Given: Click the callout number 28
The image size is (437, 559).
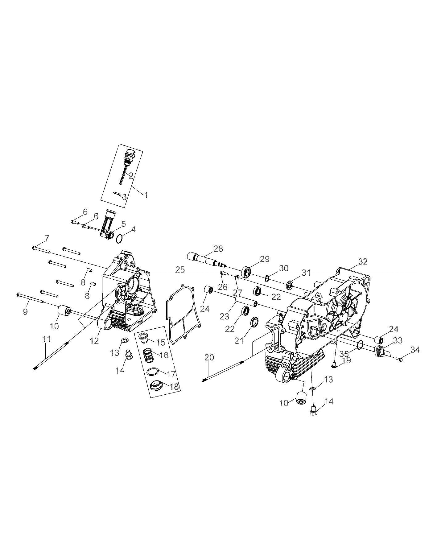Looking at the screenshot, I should (218, 249).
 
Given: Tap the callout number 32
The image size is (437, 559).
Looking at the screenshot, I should (363, 261).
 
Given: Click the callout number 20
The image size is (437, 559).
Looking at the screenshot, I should (209, 357).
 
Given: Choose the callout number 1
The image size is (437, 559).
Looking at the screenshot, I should (146, 195).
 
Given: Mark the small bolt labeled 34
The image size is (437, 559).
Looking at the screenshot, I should (401, 360).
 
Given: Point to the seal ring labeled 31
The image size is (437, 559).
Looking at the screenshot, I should (290, 284).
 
